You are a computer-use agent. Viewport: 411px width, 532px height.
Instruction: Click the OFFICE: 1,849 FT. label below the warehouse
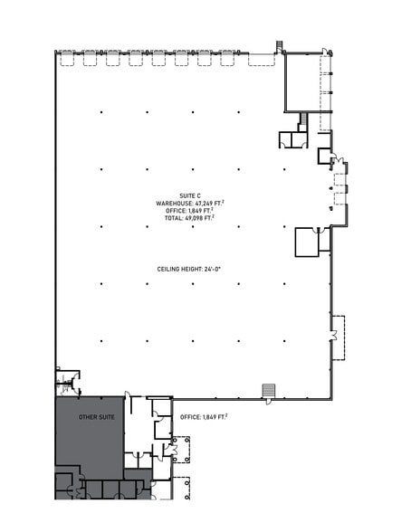tap(204, 417)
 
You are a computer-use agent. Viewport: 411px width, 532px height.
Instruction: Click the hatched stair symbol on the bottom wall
tap(268, 390)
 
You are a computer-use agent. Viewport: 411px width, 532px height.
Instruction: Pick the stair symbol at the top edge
tap(280, 44)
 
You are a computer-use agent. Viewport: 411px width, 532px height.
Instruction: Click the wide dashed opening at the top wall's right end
tap(262, 60)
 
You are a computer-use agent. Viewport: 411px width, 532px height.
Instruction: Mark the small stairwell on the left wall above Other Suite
tap(66, 381)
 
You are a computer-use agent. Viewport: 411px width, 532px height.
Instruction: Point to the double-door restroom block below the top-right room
tap(292, 138)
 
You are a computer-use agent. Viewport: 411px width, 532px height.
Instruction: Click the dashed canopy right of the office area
tap(181, 450)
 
